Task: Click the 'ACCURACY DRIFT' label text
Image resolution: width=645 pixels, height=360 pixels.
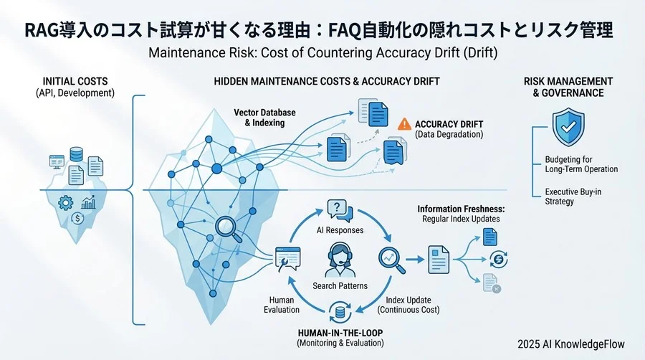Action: (450, 123)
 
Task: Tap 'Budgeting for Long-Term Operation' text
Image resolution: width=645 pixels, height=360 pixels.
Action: (581, 164)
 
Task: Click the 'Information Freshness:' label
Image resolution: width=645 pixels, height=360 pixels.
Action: (460, 209)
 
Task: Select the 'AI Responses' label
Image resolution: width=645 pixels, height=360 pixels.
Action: (340, 230)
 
